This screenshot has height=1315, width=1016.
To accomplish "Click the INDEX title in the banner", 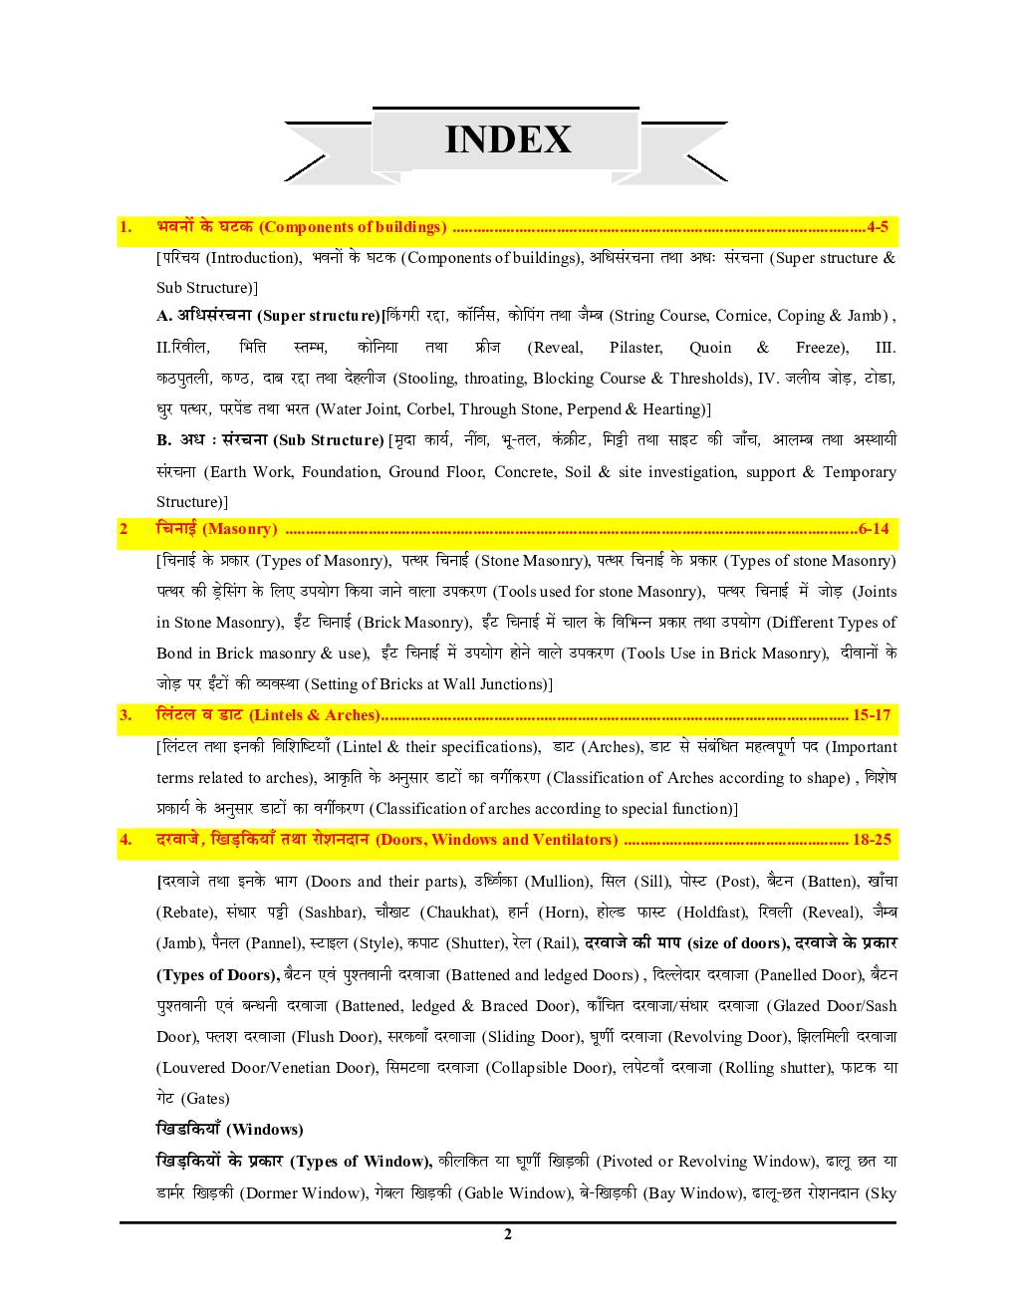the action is pyautogui.click(x=508, y=139).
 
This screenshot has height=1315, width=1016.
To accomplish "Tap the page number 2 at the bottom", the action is pyautogui.click(x=508, y=1234).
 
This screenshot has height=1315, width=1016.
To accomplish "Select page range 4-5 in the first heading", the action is pyautogui.click(x=878, y=227).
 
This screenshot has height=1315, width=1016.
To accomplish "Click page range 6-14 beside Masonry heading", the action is pyautogui.click(x=874, y=529).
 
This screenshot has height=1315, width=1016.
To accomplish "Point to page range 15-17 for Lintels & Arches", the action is pyautogui.click(x=872, y=715).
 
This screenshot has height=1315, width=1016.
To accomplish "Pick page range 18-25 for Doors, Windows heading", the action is pyautogui.click(x=872, y=840).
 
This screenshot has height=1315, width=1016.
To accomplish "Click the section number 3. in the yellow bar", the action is pyautogui.click(x=126, y=715).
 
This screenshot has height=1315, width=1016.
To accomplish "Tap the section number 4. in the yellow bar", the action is pyautogui.click(x=126, y=840).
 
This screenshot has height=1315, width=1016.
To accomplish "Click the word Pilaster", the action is pyautogui.click(x=635, y=348).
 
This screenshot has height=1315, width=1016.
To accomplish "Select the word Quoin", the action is pyautogui.click(x=710, y=348).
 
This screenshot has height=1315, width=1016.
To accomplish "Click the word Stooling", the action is pyautogui.click(x=425, y=379).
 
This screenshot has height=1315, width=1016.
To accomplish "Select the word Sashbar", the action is pyautogui.click(x=329, y=913).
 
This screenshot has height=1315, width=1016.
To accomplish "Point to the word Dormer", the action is pyautogui.click(x=272, y=1193).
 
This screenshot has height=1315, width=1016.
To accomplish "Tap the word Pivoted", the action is pyautogui.click(x=628, y=1162).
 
